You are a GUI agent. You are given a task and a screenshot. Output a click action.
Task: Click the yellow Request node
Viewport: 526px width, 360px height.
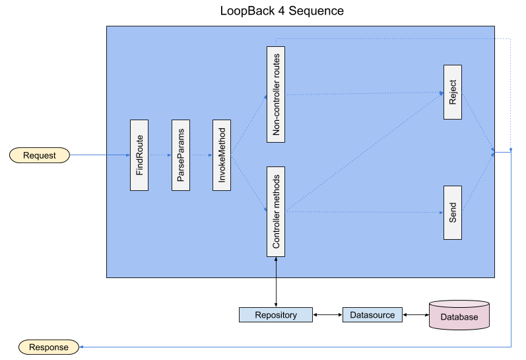40,155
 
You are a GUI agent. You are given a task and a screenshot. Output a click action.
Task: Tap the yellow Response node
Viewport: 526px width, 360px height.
49,347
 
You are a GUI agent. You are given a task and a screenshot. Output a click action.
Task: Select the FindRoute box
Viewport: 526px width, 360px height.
139,155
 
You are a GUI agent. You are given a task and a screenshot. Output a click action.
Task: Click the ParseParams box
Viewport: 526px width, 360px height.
180,155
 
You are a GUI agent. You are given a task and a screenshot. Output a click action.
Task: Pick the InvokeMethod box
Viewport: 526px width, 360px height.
222,155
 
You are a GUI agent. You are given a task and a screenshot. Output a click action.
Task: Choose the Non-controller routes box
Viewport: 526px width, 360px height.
276,94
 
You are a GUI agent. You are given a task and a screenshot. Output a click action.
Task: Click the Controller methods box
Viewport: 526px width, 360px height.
276,211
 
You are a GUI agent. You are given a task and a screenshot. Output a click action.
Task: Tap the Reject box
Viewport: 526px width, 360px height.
453,92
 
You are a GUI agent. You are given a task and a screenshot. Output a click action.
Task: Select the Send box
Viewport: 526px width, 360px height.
453,212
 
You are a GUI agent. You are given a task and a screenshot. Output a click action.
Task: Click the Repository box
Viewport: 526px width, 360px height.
276,315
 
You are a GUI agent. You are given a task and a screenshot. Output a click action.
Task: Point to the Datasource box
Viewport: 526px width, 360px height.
372,315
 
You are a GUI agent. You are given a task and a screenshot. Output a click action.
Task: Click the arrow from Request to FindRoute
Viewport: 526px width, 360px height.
99,155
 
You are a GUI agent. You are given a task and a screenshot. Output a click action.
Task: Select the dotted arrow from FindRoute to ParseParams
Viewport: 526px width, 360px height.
160,155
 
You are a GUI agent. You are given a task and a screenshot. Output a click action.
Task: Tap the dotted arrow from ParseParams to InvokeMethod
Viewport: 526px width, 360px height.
201,155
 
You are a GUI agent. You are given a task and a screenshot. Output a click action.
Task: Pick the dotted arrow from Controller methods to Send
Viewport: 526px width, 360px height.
363,212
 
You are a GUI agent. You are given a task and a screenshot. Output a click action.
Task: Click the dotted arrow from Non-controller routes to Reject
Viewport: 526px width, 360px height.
363,94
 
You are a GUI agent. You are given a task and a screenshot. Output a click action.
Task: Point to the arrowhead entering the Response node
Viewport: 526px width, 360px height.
82,347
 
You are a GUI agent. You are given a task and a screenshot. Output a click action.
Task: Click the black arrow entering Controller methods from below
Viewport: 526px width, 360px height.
276,268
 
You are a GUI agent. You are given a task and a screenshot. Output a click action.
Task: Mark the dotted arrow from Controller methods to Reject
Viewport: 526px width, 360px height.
363,153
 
